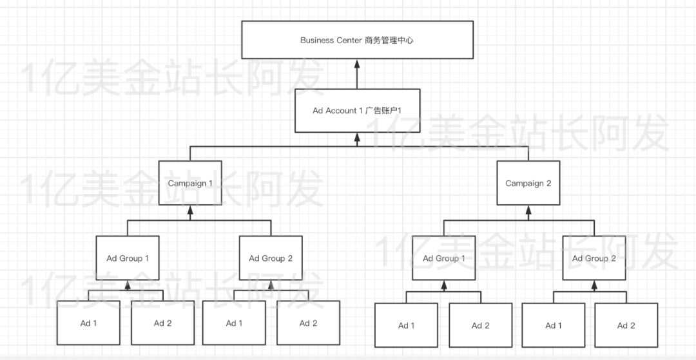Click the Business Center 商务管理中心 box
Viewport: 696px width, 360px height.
356,40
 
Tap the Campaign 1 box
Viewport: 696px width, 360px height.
191,183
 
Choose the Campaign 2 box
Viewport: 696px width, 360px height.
528,183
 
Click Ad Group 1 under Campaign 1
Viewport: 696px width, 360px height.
128,258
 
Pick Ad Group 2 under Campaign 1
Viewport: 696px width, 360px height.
271,258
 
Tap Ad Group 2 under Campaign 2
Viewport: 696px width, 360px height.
594,258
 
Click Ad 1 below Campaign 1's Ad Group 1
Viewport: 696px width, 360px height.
88,323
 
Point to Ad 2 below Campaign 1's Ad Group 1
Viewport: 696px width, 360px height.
162,323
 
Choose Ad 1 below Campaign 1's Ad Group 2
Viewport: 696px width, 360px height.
234,323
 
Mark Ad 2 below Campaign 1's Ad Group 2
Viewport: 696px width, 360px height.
308,323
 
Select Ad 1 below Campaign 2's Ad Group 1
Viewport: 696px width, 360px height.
406,325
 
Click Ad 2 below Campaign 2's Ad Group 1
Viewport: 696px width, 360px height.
480,325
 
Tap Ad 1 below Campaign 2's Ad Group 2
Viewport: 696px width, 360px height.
553,325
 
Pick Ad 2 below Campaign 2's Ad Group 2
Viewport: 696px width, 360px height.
626,325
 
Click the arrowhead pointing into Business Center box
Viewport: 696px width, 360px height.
356,64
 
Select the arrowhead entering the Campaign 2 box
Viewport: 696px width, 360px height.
528,211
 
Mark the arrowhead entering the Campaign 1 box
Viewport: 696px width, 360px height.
191,211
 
